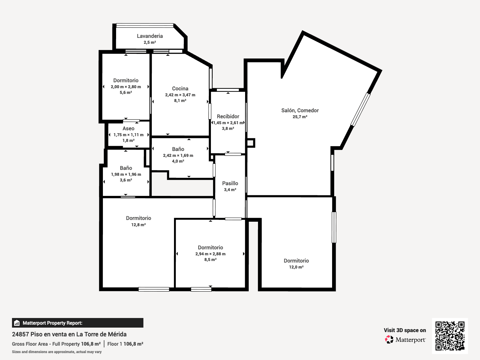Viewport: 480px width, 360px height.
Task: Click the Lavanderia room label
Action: point(150,36)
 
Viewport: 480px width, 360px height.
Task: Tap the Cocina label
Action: point(180,88)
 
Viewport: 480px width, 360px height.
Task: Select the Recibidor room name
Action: point(228,116)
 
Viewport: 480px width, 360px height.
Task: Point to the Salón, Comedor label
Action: point(300,110)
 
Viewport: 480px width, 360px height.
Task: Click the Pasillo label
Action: point(230,183)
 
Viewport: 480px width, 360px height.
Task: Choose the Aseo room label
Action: point(128,128)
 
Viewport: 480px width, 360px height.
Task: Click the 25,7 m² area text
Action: point(300,117)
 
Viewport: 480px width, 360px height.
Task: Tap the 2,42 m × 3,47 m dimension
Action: point(180,95)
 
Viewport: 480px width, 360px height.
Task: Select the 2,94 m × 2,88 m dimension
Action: point(210,254)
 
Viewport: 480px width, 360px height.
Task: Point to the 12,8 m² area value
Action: point(138,225)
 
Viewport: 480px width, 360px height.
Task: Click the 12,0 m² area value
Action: point(296,267)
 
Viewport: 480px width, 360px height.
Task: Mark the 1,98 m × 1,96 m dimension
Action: point(126,174)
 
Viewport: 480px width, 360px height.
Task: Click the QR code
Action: point(450,336)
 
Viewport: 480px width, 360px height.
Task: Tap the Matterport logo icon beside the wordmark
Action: point(389,340)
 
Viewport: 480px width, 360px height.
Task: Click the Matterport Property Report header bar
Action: point(78,323)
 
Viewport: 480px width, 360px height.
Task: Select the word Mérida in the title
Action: point(117,334)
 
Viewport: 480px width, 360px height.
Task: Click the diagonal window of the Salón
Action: point(360,109)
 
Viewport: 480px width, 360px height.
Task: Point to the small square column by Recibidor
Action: point(250,143)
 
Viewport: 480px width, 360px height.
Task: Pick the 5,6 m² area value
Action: point(126,92)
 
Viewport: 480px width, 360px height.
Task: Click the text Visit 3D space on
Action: point(405,330)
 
